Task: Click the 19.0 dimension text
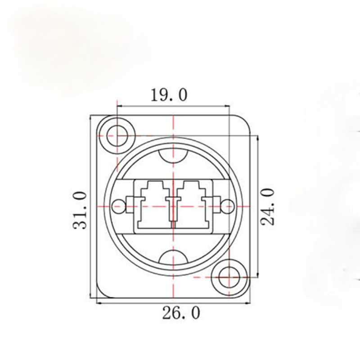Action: tap(169, 95)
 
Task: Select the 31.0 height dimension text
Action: tap(80, 210)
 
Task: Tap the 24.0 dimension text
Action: tap(267, 207)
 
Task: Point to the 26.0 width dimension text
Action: tap(181, 313)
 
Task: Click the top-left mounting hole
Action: tap(117, 136)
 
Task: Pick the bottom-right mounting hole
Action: tap(229, 277)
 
